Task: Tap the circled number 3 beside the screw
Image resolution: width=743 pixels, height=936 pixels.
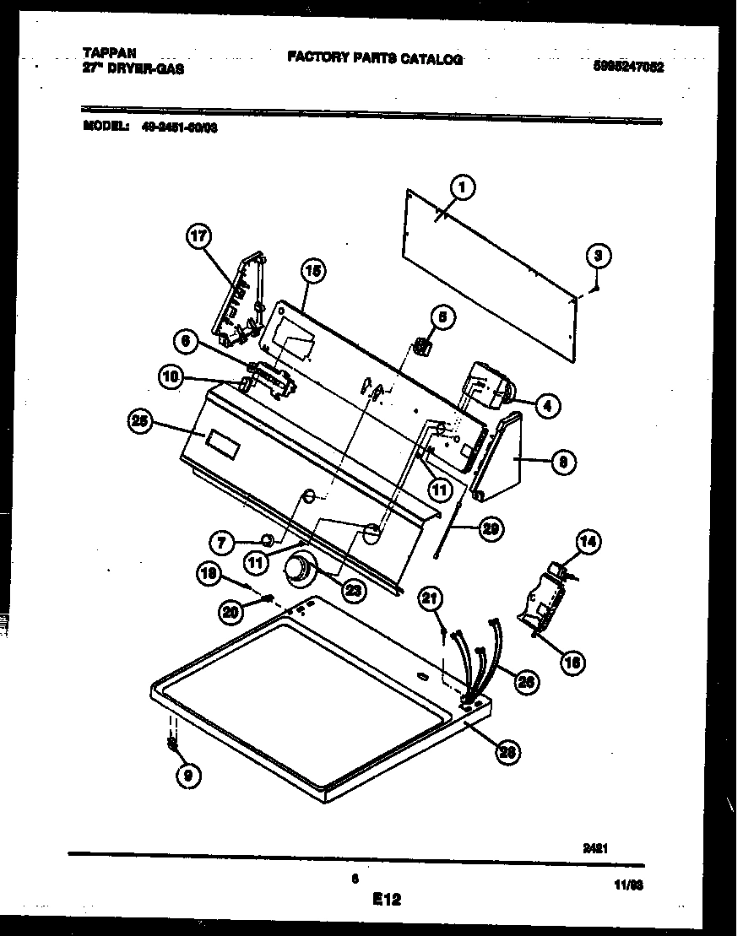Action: point(598,255)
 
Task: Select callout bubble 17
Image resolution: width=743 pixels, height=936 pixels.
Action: point(198,238)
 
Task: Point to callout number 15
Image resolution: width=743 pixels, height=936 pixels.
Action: point(313,272)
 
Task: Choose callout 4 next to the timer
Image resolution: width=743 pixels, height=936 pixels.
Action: point(546,406)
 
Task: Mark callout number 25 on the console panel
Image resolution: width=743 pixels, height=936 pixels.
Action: point(140,423)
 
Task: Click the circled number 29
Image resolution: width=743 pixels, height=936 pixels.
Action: point(489,529)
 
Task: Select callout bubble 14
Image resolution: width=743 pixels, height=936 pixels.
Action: point(588,543)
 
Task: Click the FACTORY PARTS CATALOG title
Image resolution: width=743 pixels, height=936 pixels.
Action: point(374,57)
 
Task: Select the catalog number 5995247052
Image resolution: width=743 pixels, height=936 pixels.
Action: point(627,68)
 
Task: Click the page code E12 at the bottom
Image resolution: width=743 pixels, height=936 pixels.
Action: point(386,900)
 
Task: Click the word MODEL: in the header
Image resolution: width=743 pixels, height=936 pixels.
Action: point(106,127)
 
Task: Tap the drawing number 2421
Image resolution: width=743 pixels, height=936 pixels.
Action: point(596,849)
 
